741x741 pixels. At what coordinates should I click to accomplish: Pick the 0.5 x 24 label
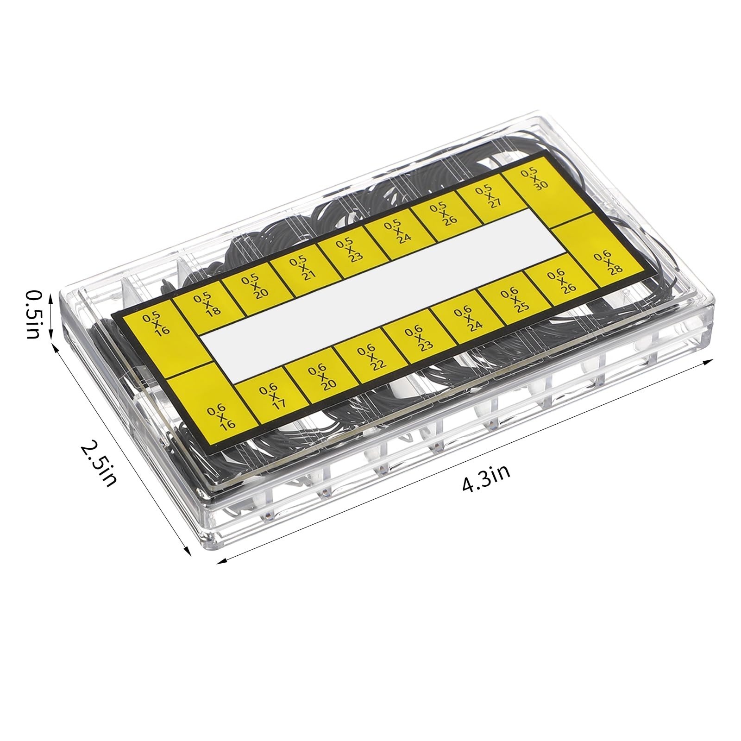[x=393, y=231]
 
